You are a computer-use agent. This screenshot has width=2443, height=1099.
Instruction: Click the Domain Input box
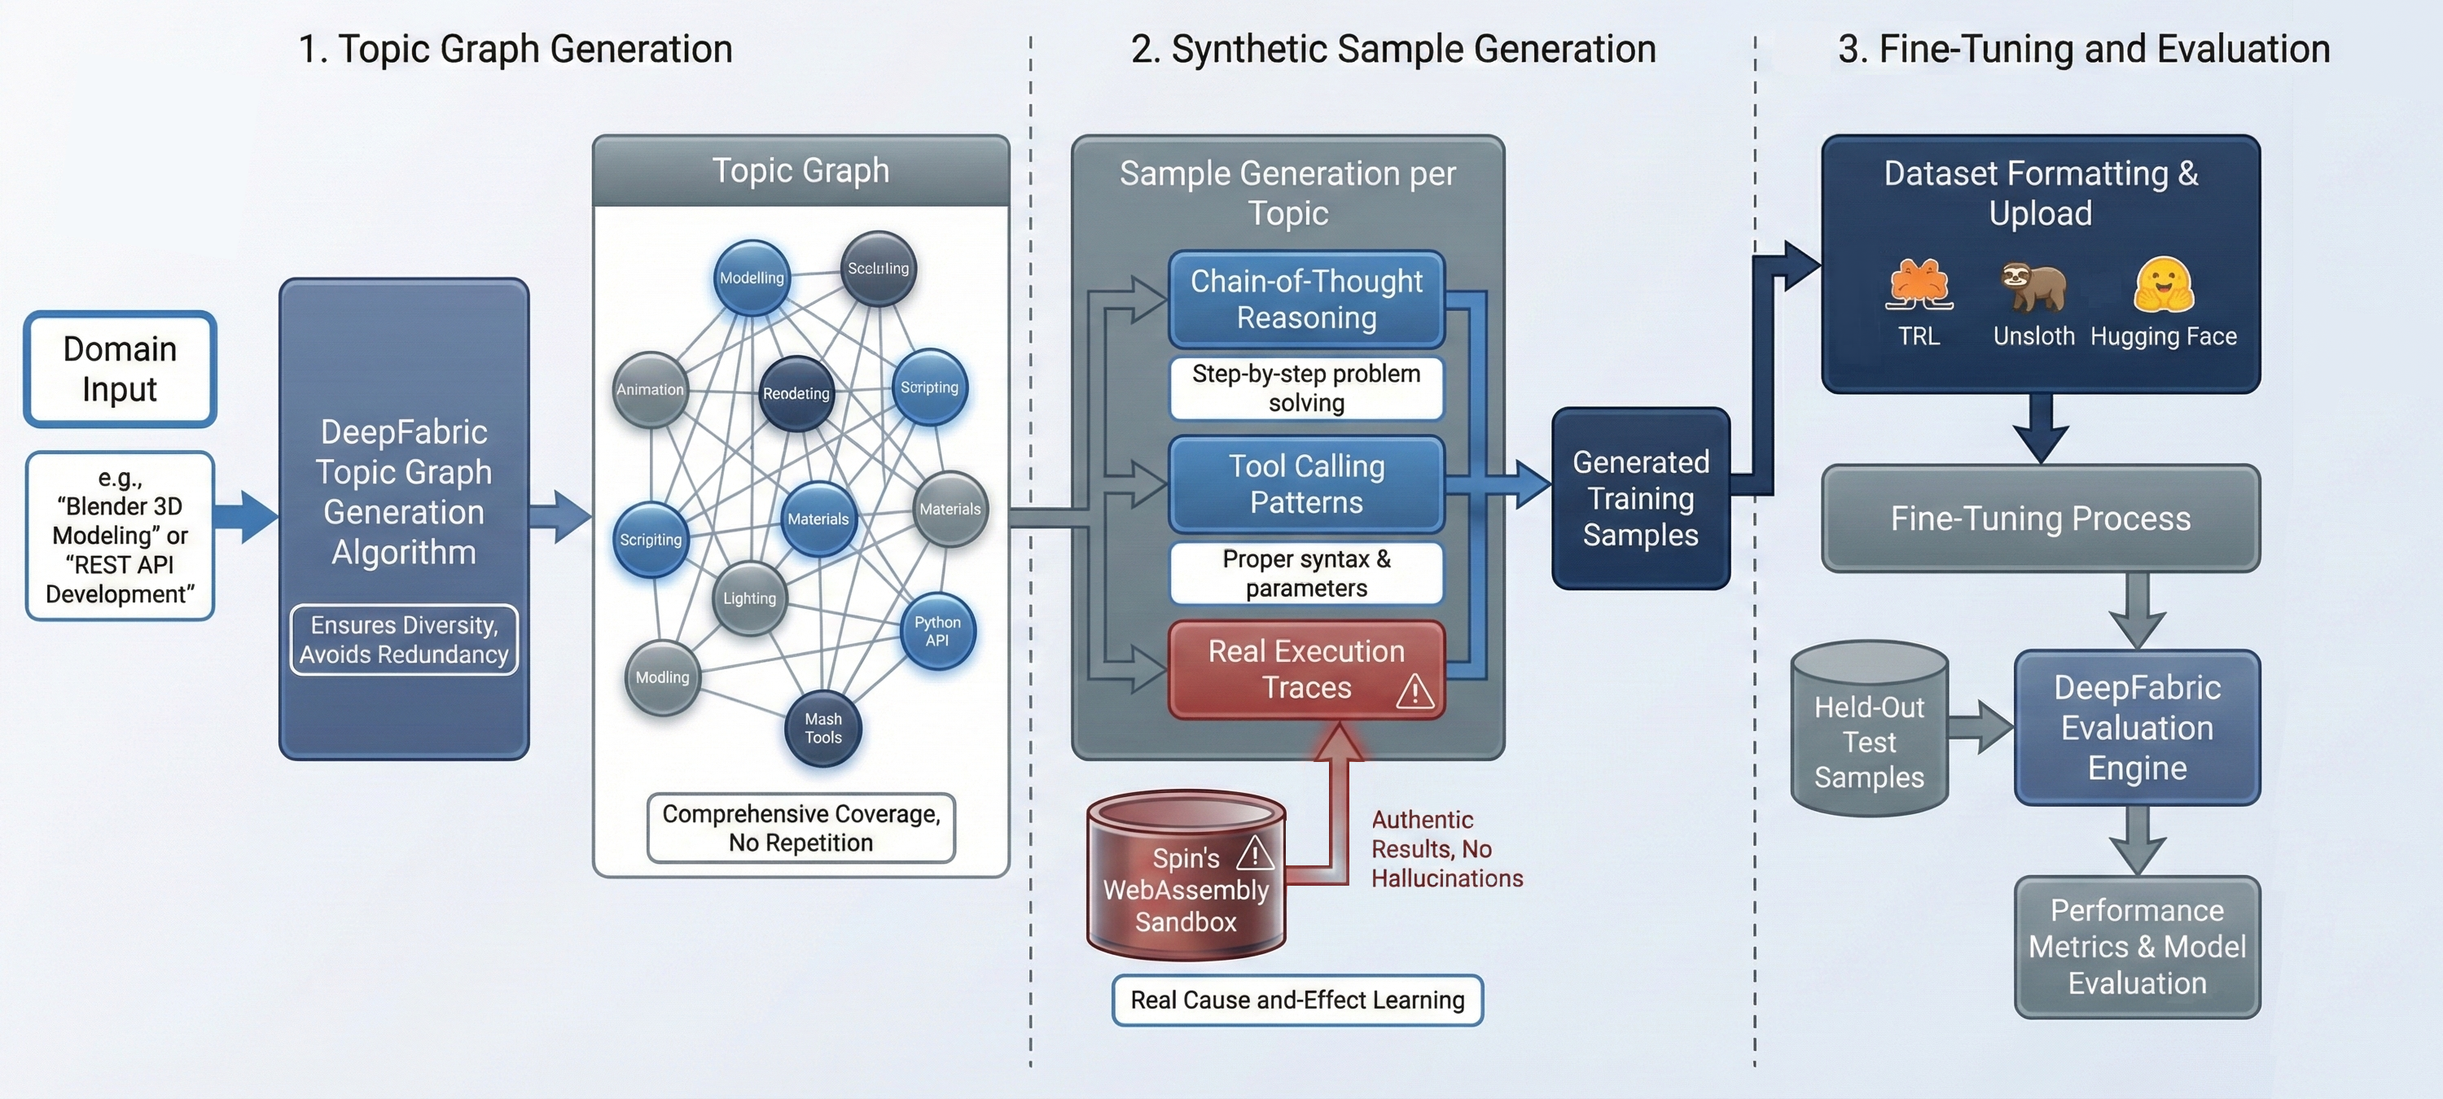[x=120, y=369]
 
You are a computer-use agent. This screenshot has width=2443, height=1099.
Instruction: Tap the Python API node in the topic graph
[x=937, y=632]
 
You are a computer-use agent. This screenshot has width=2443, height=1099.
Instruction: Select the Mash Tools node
[x=823, y=729]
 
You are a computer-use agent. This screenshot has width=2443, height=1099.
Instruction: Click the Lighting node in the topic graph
[x=749, y=598]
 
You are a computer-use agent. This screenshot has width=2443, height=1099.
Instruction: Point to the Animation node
[x=650, y=390]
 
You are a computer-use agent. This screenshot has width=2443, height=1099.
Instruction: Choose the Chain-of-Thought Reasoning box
[x=1306, y=300]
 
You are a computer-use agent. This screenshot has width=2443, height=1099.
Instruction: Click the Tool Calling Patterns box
[x=1306, y=484]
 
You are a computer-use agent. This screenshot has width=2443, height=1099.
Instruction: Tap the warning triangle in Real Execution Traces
[x=1414, y=691]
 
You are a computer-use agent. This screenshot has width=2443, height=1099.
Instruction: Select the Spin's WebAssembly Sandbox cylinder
[x=1186, y=877]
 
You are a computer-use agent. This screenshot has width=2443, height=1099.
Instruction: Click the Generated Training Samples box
[x=1640, y=499]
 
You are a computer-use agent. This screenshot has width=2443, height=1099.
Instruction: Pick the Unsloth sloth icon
[x=2033, y=287]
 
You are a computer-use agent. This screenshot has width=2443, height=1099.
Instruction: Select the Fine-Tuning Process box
[x=2040, y=519]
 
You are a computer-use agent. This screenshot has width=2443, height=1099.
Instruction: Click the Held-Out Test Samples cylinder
[x=1868, y=730]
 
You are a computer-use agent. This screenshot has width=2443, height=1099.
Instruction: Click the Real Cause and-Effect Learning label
[x=1296, y=1000]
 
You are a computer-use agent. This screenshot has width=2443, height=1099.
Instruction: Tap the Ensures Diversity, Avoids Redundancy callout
[x=404, y=640]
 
